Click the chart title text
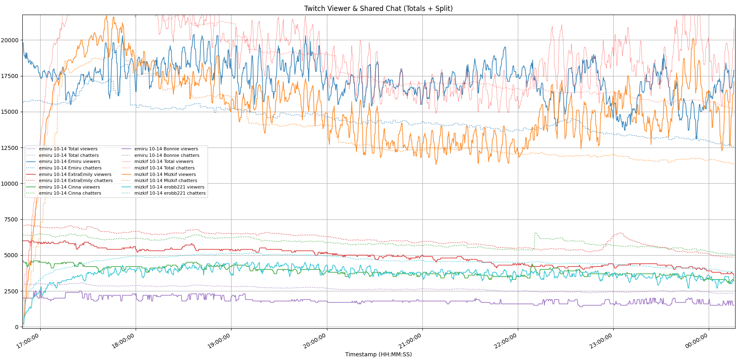pyautogui.click(x=378, y=9)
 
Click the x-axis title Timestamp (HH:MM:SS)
pyautogui.click(x=378, y=354)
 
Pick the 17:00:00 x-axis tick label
pyautogui.click(x=28, y=341)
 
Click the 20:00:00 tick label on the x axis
pyautogui.click(x=315, y=341)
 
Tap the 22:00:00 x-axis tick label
pyautogui.click(x=506, y=341)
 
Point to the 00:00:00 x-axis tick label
pyautogui.click(x=697, y=341)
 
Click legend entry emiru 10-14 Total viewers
pyautogui.click(x=68, y=149)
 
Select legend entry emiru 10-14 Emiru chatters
pyautogui.click(x=70, y=168)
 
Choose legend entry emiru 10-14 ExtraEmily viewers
pyautogui.click(x=75, y=174)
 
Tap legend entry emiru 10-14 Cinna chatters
pyautogui.click(x=70, y=193)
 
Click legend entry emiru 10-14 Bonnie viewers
pyautogui.click(x=166, y=149)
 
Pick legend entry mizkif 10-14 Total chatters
pyautogui.click(x=164, y=168)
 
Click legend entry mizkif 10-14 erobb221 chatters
pyautogui.click(x=170, y=193)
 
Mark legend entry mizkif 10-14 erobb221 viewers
pyautogui.click(x=169, y=187)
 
